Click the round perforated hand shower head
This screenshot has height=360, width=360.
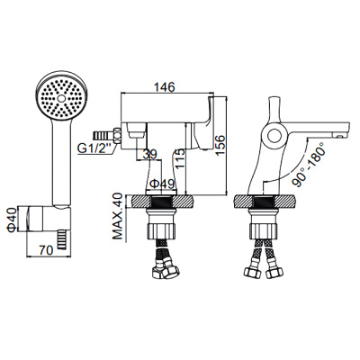(60, 96)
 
